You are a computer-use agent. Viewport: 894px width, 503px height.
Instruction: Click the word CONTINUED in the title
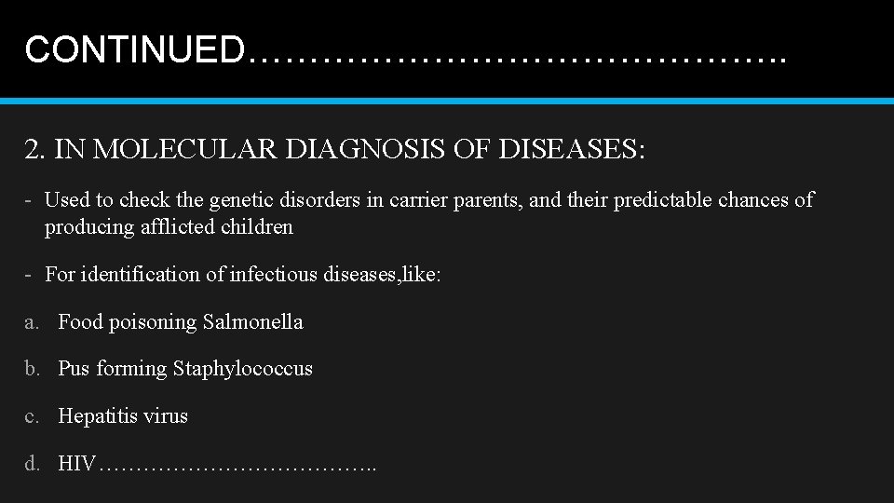click(135, 49)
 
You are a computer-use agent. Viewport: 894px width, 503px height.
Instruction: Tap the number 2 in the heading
click(33, 149)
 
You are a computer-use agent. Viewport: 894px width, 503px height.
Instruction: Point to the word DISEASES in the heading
click(567, 149)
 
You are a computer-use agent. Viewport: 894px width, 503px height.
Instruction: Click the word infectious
click(271, 275)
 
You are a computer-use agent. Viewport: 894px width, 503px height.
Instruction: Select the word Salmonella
click(253, 322)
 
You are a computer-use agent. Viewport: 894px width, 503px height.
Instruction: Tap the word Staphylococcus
click(243, 369)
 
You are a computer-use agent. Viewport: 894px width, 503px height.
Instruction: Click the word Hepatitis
click(97, 416)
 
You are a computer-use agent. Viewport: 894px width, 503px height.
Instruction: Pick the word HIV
click(76, 463)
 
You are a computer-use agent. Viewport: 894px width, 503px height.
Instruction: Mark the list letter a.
click(32, 322)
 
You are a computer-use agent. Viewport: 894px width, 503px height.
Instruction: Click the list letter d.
click(32, 463)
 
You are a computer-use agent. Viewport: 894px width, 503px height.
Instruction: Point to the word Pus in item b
click(74, 369)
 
